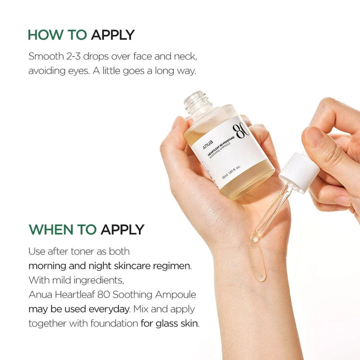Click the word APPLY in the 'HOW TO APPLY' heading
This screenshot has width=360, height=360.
pos(112,35)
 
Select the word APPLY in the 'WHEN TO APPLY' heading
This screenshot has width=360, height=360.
pos(122,229)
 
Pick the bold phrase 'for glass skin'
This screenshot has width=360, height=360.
pos(169,323)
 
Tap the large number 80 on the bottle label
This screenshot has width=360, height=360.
pos(241,128)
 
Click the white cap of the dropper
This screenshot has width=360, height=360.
pos(299,172)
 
